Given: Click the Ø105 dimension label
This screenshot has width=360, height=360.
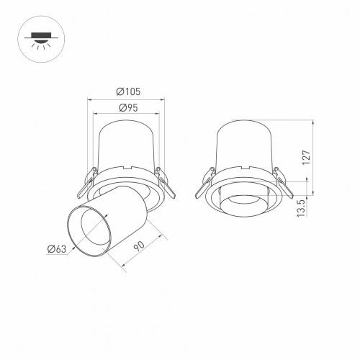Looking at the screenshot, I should pos(127,91).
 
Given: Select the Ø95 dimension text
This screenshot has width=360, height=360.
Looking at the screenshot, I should pos(127,107).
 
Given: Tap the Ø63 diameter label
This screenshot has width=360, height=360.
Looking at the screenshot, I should pos(55,250).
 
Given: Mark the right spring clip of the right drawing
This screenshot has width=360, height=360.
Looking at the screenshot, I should pos(282,184).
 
